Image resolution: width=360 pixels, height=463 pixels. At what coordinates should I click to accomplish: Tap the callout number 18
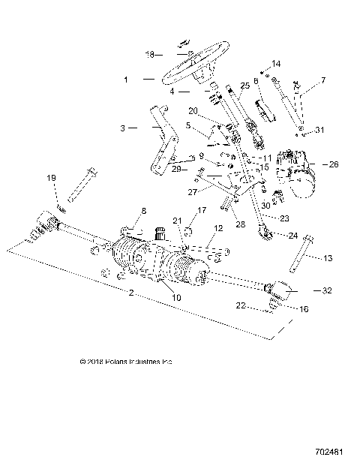pos(148,55)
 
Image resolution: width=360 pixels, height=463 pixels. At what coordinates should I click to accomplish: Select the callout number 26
pos(334,164)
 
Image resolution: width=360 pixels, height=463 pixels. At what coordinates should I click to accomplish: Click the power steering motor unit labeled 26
pos(296,173)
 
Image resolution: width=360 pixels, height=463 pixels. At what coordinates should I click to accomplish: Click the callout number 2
pos(131,292)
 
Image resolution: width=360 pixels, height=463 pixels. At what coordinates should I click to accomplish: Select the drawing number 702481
pos(331,452)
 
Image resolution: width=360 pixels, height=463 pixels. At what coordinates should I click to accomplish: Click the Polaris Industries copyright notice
pos(126,361)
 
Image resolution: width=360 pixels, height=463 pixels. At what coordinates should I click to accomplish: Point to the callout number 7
pos(323,80)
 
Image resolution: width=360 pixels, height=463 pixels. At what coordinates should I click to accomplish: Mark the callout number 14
pos(276,64)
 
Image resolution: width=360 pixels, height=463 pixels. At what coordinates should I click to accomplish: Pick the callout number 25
pos(244,86)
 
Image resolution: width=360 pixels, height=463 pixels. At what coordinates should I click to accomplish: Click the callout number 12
pos(219,227)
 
